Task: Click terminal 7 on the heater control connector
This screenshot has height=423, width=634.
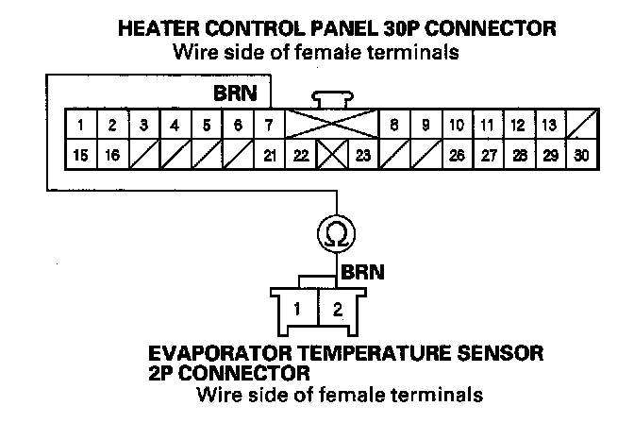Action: point(269,125)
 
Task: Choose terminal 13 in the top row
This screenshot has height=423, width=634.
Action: point(549,125)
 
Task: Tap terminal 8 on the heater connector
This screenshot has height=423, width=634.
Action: point(394,125)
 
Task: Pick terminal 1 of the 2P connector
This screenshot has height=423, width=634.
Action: point(298,308)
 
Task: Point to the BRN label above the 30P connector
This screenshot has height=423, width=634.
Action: point(234,94)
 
